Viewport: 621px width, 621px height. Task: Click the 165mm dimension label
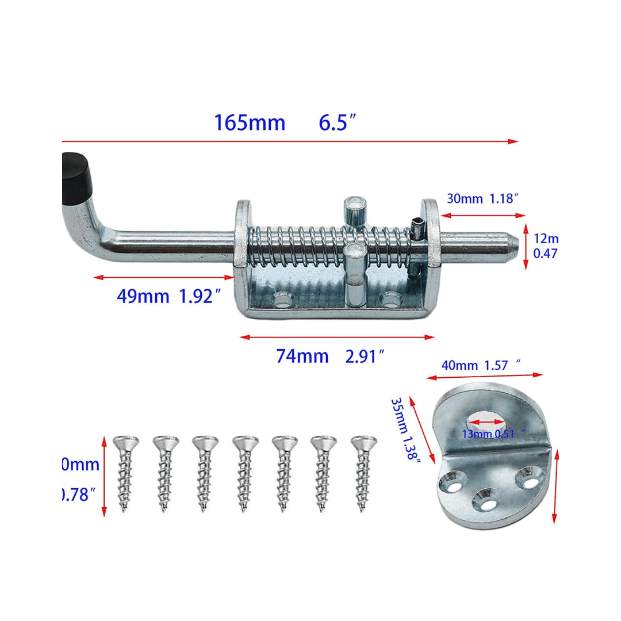[x=250, y=123]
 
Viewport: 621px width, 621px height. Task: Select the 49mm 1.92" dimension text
[x=169, y=297]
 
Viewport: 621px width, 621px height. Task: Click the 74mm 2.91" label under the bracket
[x=330, y=356]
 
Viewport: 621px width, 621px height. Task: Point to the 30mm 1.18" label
[x=483, y=199]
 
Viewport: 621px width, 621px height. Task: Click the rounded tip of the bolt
[x=511, y=246]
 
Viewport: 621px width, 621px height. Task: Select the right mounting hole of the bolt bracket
[x=392, y=300]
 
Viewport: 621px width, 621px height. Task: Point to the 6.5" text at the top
[x=338, y=123]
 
